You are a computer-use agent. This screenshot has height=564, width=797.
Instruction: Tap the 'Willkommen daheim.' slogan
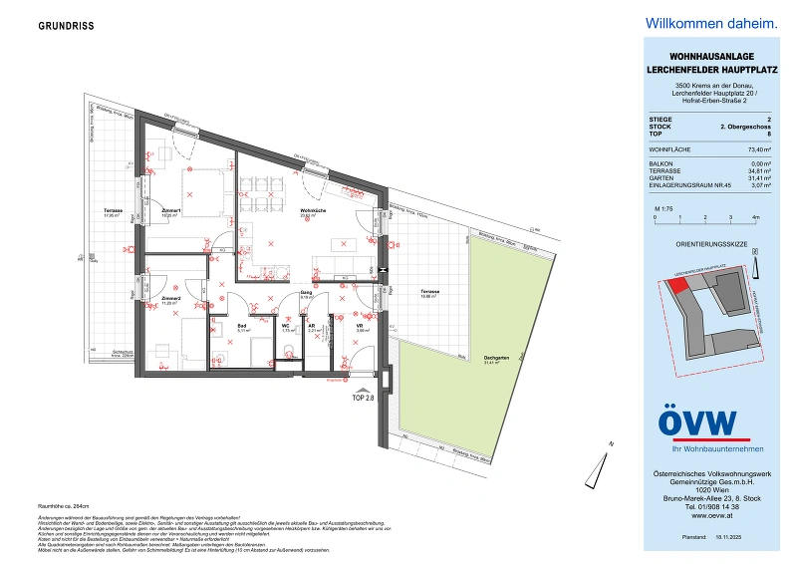click(x=709, y=23)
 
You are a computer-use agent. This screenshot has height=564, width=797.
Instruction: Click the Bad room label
click(x=240, y=325)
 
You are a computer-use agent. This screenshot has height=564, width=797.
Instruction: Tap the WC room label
click(x=285, y=325)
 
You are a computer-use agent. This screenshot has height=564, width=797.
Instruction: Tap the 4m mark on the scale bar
click(x=756, y=215)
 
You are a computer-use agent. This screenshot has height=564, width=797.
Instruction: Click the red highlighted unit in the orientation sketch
click(x=678, y=285)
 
